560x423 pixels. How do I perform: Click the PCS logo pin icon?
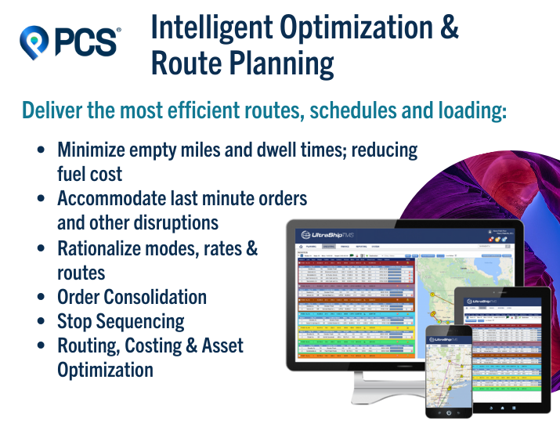pos(34,40)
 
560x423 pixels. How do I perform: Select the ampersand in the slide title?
pos(448,29)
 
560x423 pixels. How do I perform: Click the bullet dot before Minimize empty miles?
pos(41,150)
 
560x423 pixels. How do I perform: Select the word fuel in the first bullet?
pos(73,173)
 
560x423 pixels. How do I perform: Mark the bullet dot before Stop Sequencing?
pos(41,322)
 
